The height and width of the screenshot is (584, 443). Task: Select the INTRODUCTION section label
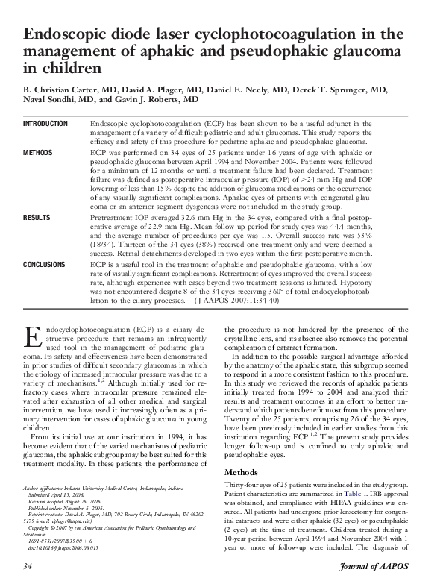(45, 123)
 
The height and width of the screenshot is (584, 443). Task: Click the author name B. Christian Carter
(58, 90)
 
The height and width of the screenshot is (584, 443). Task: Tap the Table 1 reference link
(354, 494)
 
